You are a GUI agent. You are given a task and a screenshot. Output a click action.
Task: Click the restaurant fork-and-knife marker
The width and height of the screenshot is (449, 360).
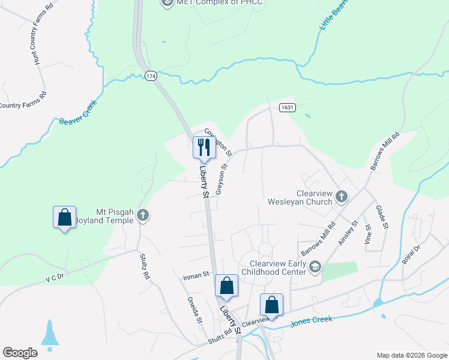click(204, 147)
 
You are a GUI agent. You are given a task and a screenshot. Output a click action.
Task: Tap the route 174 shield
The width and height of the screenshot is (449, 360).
click(151, 76)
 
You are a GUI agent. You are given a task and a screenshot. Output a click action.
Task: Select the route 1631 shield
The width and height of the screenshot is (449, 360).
click(286, 107)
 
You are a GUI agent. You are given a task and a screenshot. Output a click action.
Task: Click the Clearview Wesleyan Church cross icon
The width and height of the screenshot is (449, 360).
click(342, 196)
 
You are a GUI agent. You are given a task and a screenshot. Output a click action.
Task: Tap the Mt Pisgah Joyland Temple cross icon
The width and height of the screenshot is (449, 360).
click(143, 215)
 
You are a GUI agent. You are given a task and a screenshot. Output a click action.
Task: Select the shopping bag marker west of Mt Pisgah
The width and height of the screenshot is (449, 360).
click(64, 217)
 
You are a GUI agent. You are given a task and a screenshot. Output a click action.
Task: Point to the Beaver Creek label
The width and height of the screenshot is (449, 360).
click(78, 112)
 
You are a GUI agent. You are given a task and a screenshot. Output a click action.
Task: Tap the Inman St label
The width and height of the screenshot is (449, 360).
click(196, 274)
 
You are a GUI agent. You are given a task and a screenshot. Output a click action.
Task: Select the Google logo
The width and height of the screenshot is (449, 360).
click(20, 352)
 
